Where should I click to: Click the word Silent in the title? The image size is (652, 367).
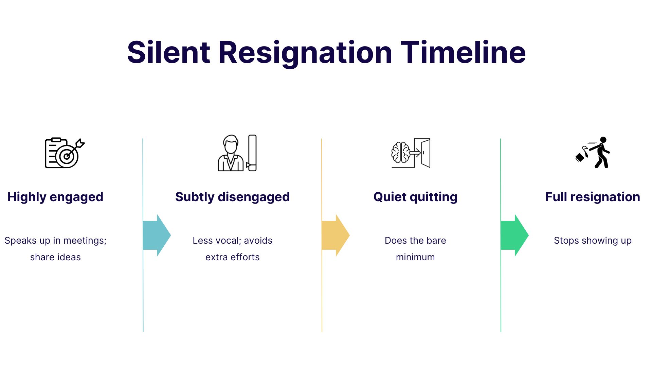(x=168, y=53)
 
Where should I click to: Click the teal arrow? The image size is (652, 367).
(x=157, y=235)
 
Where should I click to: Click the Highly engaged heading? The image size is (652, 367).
(x=55, y=197)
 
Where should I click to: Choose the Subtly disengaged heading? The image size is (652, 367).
(x=232, y=197)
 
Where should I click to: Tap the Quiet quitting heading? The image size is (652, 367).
(x=415, y=197)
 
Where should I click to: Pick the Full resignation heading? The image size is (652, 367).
(x=593, y=197)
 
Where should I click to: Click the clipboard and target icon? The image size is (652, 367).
(x=64, y=153)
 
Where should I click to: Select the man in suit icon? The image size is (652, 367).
(x=231, y=154)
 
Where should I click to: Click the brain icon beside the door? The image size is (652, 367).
(x=400, y=153)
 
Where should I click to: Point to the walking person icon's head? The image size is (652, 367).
(x=603, y=140)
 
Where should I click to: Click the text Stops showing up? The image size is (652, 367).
(x=593, y=241)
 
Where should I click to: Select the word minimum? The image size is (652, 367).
(x=415, y=257)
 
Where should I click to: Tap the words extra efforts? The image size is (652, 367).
(x=232, y=257)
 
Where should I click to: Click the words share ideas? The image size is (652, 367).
(x=55, y=257)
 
